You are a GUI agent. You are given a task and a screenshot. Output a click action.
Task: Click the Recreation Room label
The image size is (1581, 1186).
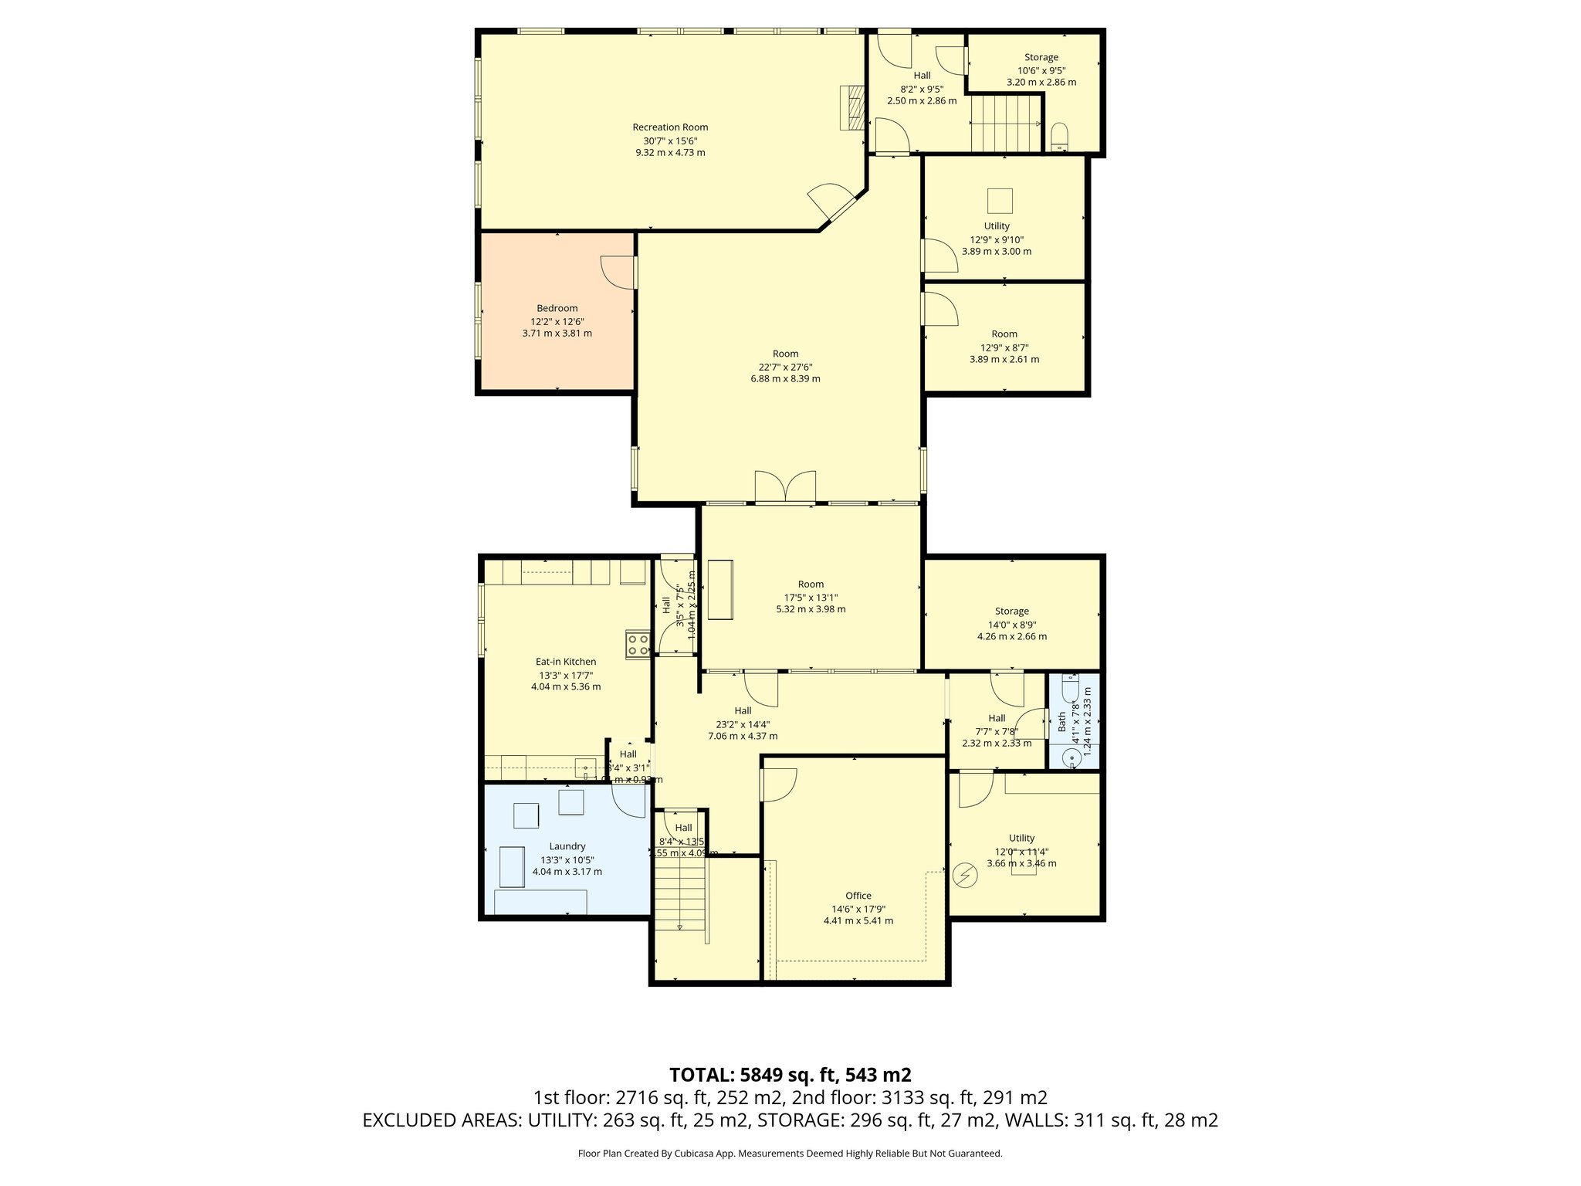pos(670,127)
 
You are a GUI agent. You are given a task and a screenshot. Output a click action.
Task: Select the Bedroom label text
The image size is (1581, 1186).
pos(557,308)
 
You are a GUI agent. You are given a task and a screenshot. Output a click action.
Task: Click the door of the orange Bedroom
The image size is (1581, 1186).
pos(618,273)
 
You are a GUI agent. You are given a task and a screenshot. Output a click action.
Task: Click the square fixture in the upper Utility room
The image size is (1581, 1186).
pos(1000,201)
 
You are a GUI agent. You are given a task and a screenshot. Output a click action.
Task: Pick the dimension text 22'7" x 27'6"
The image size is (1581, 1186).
pos(785,368)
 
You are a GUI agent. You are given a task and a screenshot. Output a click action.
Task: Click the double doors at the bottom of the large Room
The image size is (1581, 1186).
pos(785,487)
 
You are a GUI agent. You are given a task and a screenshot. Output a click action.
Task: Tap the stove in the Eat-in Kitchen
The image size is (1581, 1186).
pos(638,644)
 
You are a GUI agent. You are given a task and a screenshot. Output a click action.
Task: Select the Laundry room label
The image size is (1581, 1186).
pos(567,846)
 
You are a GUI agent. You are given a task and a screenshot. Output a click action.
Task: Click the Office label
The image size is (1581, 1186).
pos(858,896)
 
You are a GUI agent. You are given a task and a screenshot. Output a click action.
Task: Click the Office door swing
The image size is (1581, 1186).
pos(778,785)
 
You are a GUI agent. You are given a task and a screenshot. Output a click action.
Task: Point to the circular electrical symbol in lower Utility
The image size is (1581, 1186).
pos(964,875)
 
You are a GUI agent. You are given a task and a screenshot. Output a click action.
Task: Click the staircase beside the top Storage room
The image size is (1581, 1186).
pos(1004,123)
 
